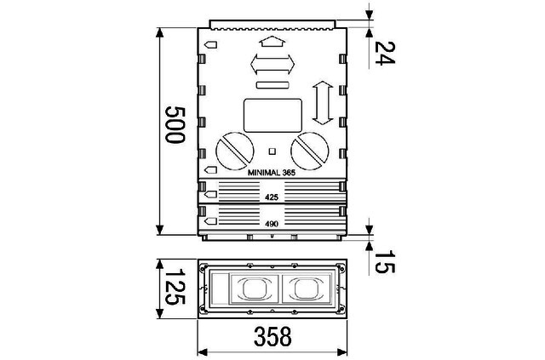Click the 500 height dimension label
coord(175,125)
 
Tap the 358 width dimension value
coord(272,336)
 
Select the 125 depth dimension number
coord(175,287)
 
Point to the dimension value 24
coord(385,53)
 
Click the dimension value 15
coord(385,261)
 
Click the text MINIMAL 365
coord(272,173)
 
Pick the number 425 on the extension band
coord(272,197)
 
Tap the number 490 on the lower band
coord(272,224)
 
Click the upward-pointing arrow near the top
coord(272,42)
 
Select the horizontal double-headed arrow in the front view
coord(272,64)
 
